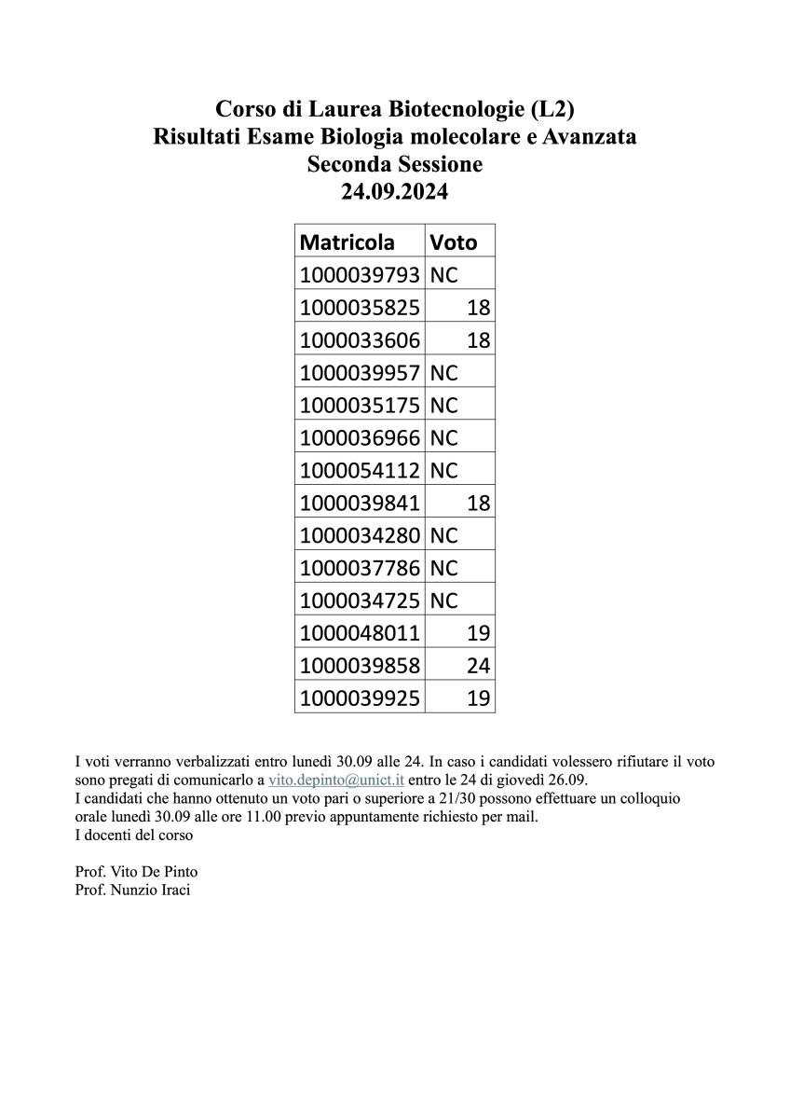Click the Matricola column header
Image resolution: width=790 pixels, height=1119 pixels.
coord(347,242)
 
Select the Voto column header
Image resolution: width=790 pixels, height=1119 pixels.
coord(453,242)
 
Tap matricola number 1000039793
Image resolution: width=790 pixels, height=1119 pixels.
coord(360,275)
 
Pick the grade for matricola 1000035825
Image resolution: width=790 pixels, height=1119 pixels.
coord(478,308)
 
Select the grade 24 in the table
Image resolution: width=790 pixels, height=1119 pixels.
coord(478,666)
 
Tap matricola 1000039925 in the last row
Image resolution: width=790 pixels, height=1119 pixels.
coord(360,698)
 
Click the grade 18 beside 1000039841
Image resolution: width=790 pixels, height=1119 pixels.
coord(478,504)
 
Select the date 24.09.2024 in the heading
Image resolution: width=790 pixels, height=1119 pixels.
coord(394,192)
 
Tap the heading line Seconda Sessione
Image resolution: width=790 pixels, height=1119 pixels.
coord(394,165)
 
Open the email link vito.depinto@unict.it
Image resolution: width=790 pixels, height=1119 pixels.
coord(335,780)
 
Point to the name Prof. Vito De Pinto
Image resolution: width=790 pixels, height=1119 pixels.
coord(136,872)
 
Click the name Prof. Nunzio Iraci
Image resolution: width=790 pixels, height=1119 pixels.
coord(132,890)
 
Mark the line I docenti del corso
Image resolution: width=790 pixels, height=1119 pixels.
coord(133,836)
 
